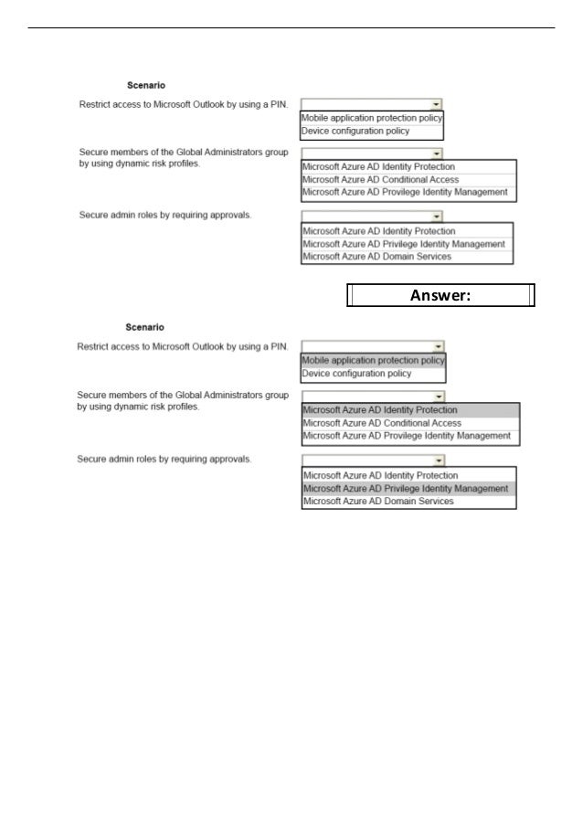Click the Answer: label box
440,296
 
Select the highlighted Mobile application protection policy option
373,360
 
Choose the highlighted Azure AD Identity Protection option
380,410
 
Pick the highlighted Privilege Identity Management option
406,489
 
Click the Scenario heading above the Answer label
145,85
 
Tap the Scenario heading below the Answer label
145,327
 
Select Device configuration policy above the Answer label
355,131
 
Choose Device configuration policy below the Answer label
356,374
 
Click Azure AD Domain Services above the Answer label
376,257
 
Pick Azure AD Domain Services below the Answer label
377,502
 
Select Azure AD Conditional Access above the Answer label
380,180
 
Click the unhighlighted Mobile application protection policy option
372,118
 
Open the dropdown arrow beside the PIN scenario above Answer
438,105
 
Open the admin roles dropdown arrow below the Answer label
440,460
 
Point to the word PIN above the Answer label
279,104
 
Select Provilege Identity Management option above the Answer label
405,193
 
